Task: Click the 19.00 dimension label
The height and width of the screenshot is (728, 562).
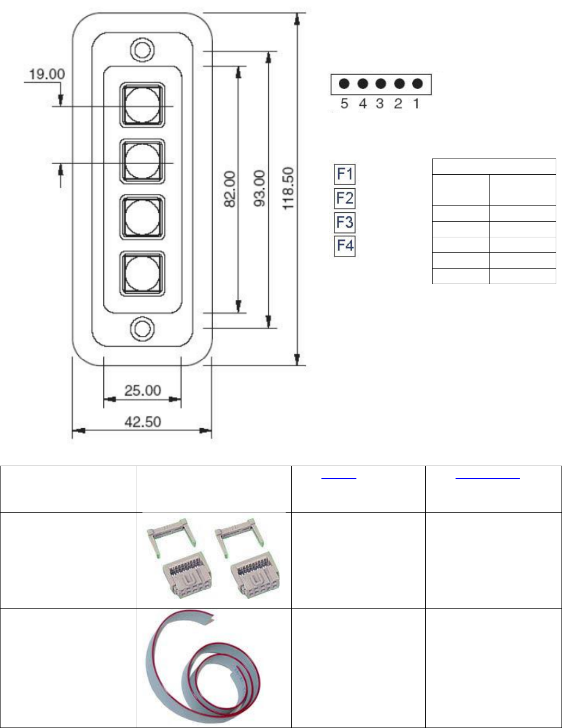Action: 47,74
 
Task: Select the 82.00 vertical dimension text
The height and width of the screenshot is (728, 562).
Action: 230,189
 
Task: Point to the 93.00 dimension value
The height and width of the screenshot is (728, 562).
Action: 259,188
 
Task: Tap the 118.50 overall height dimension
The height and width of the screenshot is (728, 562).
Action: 288,189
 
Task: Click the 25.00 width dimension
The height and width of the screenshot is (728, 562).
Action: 143,391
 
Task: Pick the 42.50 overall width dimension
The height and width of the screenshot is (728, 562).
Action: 143,422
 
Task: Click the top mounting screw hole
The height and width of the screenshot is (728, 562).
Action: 142,50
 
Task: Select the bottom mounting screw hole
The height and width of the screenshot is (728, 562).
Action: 142,329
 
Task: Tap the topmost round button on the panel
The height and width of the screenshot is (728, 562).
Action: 142,105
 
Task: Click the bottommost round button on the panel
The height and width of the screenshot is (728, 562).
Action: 142,273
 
